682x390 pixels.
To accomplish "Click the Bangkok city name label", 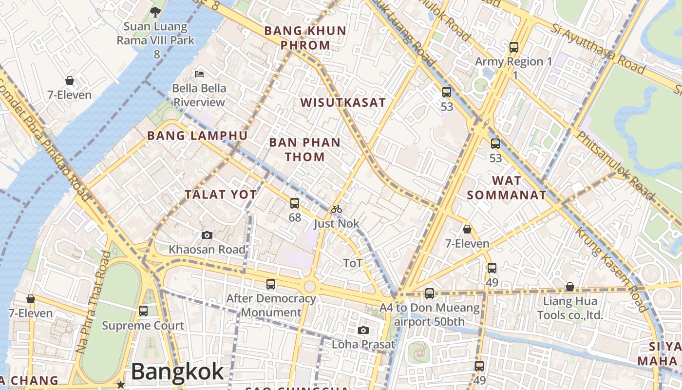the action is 177,372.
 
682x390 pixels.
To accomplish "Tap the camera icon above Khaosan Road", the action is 207,235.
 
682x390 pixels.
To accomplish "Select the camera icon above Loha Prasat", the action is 363,331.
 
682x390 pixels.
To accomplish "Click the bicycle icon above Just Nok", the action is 336,210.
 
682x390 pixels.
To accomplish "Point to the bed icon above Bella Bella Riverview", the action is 199,74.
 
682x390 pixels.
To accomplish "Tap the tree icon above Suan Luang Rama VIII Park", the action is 155,12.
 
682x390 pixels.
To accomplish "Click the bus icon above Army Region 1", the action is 514,47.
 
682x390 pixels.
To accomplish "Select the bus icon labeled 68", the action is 295,203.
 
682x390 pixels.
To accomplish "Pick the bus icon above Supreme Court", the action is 143,311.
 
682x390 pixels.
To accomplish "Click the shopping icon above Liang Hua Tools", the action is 569,287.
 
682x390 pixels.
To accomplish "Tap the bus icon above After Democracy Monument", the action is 271,284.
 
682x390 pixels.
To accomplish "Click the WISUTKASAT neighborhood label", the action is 343,103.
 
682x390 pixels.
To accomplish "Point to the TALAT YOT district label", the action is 221,195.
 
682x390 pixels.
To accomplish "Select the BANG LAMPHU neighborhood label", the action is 197,136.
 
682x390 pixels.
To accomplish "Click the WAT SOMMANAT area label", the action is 507,188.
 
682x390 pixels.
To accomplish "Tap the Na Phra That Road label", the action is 94,302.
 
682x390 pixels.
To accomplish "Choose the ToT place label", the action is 353,263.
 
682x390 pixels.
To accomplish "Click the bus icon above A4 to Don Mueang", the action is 430,293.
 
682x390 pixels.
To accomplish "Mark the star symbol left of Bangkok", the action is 120,385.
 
